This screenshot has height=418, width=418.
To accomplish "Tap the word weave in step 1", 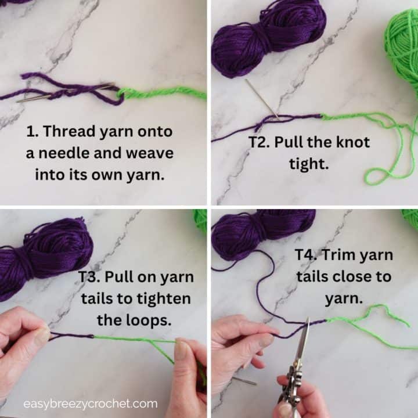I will tap(146, 153).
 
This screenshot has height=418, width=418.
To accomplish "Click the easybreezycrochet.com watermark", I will tap(90, 403).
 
